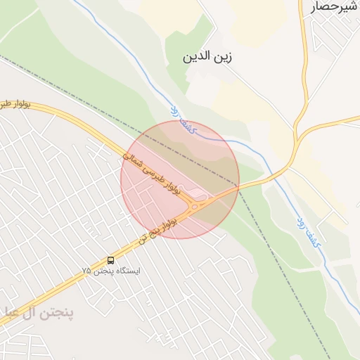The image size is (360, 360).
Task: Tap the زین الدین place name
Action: pos(208,56)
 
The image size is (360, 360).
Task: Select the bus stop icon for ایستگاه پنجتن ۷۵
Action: pos(110,260)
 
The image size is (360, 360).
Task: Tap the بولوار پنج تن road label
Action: pos(158,229)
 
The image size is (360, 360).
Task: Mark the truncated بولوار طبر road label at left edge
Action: pos(15,103)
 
